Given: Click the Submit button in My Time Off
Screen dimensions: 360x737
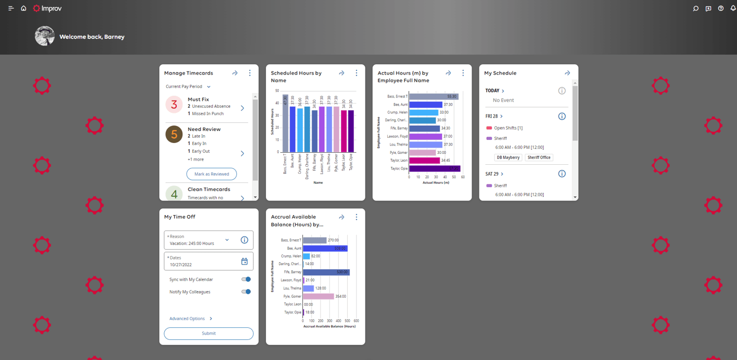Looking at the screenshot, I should pos(208,334).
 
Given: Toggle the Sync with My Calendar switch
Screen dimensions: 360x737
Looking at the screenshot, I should pos(246,279).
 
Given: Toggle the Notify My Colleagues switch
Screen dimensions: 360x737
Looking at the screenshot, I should pos(246,292).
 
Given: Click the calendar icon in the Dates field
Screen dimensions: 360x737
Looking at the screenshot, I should pos(244,262).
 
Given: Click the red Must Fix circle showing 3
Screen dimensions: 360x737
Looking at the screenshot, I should pos(174,105).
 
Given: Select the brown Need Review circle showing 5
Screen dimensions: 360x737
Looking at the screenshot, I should pos(174,134).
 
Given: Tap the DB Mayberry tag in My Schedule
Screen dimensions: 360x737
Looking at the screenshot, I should pos(508,157).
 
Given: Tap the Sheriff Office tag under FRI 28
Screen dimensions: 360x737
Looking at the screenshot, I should pos(539,157).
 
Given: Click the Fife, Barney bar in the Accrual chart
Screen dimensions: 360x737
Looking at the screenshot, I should pos(326,272).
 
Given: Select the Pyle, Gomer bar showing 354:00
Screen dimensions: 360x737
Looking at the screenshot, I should pos(318,296).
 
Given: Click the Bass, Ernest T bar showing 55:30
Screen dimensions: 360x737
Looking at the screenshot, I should pos(433,96).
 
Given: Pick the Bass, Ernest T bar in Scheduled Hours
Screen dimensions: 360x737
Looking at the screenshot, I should pos(285,123).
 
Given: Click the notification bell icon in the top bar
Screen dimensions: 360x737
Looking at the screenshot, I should pos(733,8).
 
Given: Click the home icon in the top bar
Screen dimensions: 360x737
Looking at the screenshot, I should pos(23,8).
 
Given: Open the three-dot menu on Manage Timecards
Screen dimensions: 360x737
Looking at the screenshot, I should pos(250,74).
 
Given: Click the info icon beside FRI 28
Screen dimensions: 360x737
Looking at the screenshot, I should pos(562,117).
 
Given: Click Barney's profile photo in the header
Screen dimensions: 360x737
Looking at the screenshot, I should pos(45,36).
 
